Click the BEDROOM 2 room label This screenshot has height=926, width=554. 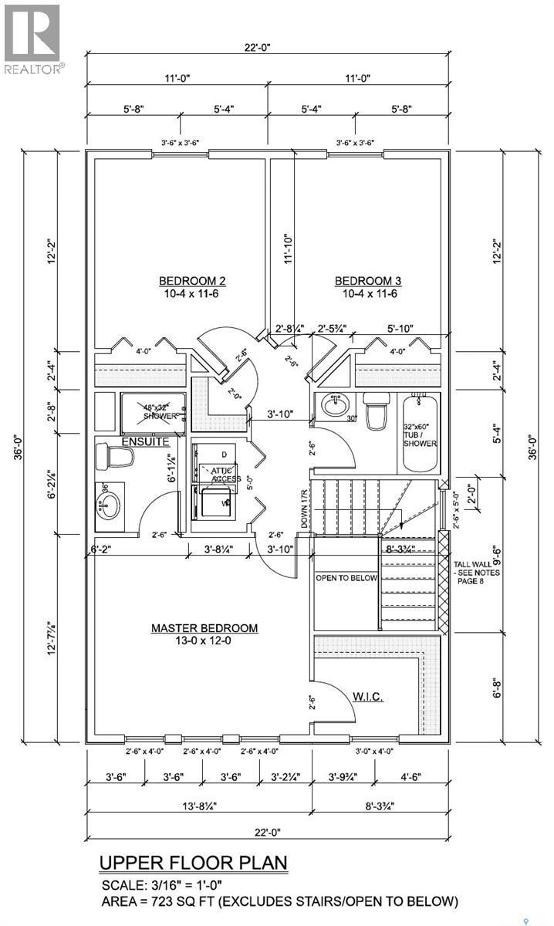pyautogui.click(x=192, y=280)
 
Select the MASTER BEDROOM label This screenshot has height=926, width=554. pyautogui.click(x=204, y=628)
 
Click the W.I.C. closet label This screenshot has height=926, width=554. pyautogui.click(x=369, y=696)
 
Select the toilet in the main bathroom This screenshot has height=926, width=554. pyautogui.click(x=377, y=413)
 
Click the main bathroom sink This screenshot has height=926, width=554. pyautogui.click(x=336, y=404)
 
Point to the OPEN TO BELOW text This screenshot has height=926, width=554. pyautogui.click(x=346, y=578)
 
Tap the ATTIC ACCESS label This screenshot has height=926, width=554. pyautogui.click(x=218, y=475)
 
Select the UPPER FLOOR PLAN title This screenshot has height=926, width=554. pyautogui.click(x=193, y=862)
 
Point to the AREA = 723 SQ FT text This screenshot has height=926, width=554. pyautogui.click(x=280, y=901)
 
